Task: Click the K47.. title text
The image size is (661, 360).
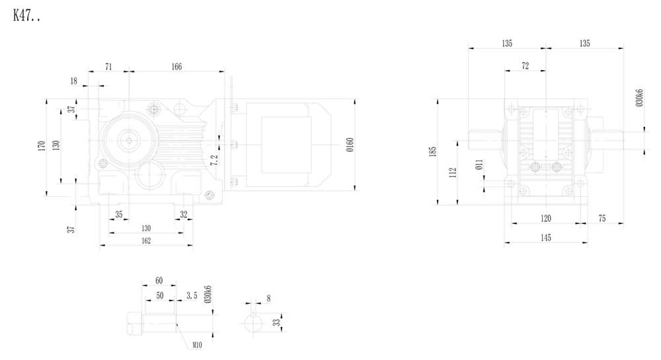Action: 27,16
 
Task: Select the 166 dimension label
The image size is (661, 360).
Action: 176,66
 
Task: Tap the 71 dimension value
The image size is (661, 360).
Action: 109,66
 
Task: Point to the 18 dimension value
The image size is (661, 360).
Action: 73,81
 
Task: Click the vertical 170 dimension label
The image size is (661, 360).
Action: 40,146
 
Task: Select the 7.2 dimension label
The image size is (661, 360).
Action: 213,160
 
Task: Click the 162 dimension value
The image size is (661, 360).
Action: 146,240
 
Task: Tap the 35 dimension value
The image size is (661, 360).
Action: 119,214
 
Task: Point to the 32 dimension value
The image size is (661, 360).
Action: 183,214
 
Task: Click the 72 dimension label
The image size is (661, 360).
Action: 525,66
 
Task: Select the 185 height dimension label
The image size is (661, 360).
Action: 433,151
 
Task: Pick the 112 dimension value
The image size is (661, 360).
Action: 452,172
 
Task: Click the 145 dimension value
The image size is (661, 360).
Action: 545,236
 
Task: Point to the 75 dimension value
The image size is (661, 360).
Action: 602,218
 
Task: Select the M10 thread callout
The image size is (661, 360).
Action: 197,345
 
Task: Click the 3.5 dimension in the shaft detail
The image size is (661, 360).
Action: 192,295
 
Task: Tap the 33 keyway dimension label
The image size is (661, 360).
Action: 275,322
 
